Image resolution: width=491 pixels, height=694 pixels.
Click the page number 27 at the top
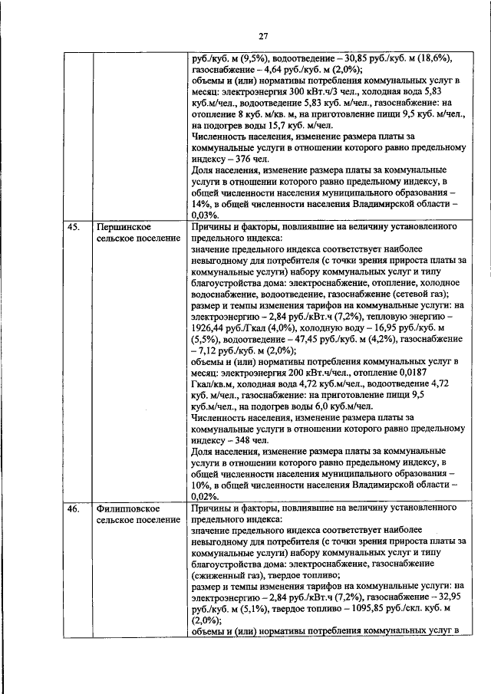(x=262, y=36)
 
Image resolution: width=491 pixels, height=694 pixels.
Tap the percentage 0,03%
(x=205, y=217)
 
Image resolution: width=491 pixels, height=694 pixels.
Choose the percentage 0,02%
(x=205, y=498)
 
